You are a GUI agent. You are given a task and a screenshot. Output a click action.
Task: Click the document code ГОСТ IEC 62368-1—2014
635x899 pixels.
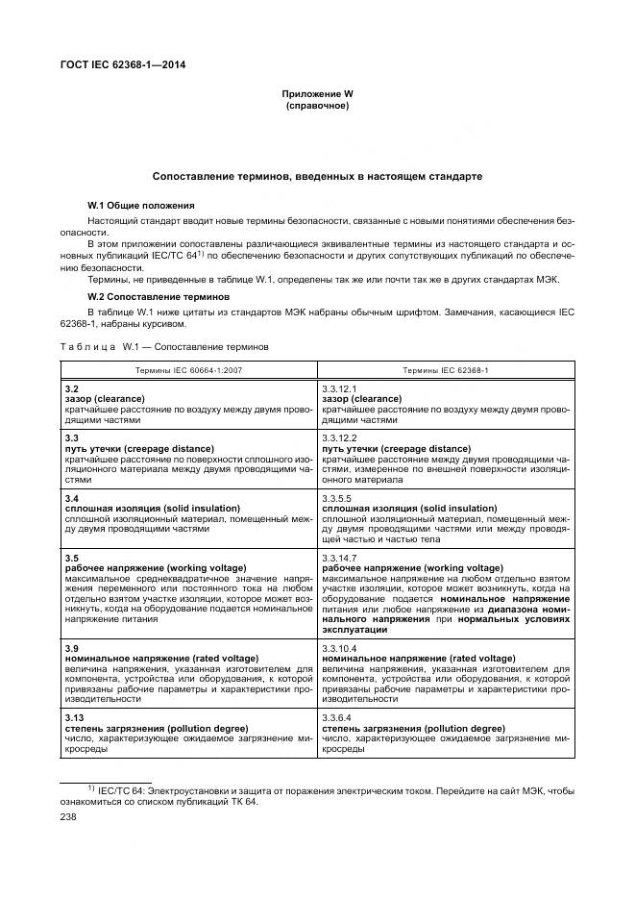pyautogui.click(x=124, y=66)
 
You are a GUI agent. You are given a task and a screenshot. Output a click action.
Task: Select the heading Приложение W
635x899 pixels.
pyautogui.click(x=317, y=94)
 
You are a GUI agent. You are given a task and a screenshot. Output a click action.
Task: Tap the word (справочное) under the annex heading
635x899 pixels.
pyautogui.click(x=317, y=106)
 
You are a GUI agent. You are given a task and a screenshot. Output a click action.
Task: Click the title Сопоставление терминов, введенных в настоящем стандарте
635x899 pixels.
pyautogui.click(x=317, y=177)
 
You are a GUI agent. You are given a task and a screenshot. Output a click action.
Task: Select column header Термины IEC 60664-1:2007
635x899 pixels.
pyautogui.click(x=188, y=369)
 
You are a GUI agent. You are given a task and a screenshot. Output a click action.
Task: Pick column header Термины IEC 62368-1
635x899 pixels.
pyautogui.click(x=445, y=369)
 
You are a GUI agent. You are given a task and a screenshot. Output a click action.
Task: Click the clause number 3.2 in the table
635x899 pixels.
pyautogui.click(x=71, y=388)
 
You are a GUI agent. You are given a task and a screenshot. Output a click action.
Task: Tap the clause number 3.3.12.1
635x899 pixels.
pyautogui.click(x=339, y=388)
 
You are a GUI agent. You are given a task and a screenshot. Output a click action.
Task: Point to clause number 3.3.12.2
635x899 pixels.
pyautogui.click(x=339, y=437)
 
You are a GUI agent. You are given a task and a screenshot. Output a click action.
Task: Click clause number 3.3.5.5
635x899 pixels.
pyautogui.click(x=336, y=498)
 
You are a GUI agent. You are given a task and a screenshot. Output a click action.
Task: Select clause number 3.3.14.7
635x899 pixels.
pyautogui.click(x=339, y=558)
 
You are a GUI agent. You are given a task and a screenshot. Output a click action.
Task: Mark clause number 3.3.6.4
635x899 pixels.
pyautogui.click(x=336, y=718)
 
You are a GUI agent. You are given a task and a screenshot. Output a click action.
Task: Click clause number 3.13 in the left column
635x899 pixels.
pyautogui.click(x=74, y=718)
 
